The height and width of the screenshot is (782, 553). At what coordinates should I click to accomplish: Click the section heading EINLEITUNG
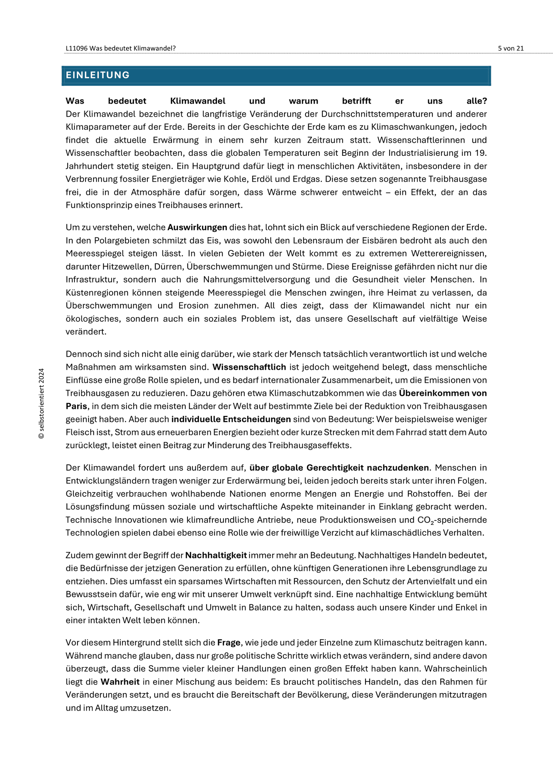point(98,75)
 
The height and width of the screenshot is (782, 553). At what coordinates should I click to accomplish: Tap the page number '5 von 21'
point(511,48)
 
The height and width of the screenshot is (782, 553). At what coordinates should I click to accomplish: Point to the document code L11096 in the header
point(77,48)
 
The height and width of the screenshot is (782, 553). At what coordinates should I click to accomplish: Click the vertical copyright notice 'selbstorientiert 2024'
point(42,403)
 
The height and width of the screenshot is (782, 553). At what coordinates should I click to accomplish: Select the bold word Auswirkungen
point(197,228)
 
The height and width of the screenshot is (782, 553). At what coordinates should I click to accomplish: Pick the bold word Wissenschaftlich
point(249,367)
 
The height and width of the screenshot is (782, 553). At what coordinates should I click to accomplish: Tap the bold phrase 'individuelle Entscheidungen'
point(231,419)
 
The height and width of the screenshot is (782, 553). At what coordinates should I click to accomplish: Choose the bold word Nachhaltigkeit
point(216,555)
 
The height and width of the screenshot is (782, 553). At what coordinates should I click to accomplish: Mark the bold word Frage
point(229,643)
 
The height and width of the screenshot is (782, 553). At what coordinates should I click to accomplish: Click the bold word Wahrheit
point(120,682)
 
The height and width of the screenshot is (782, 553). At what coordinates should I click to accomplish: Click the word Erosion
point(194,305)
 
